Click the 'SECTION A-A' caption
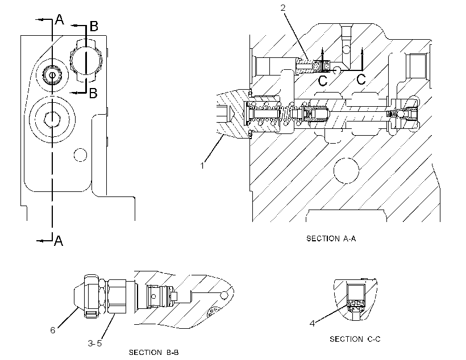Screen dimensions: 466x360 click(x=331, y=238)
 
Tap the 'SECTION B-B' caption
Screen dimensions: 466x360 click(x=153, y=352)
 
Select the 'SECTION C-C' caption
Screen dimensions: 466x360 click(x=355, y=339)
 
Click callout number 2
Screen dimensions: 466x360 click(x=283, y=8)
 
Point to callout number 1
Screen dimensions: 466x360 click(x=202, y=165)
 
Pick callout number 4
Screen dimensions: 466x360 click(x=312, y=324)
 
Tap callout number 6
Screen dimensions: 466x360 click(x=53, y=330)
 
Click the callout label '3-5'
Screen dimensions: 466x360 click(x=95, y=344)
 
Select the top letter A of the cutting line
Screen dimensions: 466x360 click(x=60, y=20)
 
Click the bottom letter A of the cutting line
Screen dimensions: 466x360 click(x=59, y=240)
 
